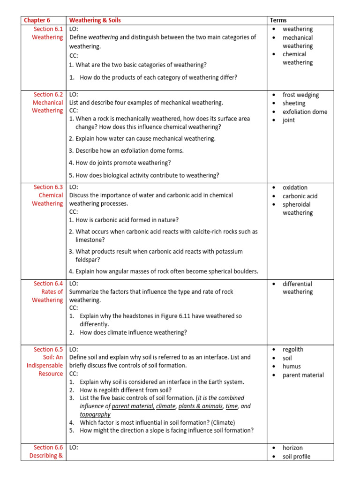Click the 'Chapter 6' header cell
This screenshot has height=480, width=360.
pos(37,20)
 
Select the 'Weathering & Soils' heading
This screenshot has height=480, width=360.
pos(95,20)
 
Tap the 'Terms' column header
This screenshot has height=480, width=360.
pos(278,20)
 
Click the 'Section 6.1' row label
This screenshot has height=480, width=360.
pos(48,29)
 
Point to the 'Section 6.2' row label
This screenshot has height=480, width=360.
pos(48,95)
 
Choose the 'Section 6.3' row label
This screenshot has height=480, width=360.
pos(48,187)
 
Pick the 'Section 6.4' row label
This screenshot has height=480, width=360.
pos(48,284)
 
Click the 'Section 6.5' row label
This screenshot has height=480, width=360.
pos(48,349)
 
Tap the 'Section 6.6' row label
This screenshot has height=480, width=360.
pos(48,448)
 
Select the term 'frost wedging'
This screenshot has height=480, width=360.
pos(300,95)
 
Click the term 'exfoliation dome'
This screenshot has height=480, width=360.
pos(305,112)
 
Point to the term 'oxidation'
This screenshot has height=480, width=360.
pos(295,187)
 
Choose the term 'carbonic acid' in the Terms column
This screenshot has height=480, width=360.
pos(300,196)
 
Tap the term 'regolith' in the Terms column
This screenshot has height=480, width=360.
pos(293,350)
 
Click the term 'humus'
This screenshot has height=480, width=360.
pos(292,367)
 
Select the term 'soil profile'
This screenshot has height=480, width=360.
pos(296,457)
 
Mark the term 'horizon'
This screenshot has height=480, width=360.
pos(292,448)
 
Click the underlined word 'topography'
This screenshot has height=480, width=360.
pos(95,414)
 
